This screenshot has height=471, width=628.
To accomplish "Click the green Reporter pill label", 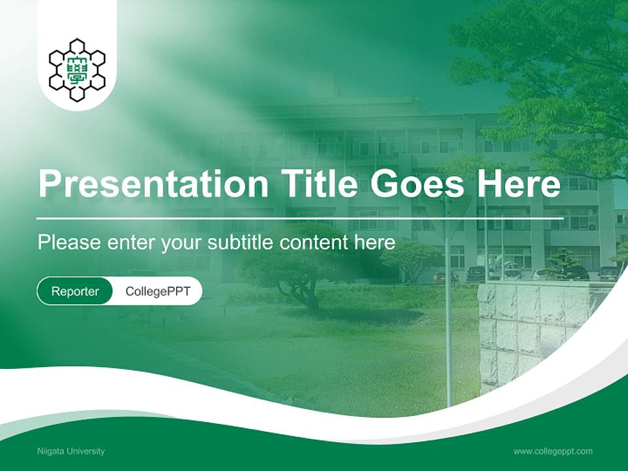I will click(x=75, y=291).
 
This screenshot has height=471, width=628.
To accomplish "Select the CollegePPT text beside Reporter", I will click(x=158, y=291).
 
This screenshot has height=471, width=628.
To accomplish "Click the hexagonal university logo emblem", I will click(x=77, y=69).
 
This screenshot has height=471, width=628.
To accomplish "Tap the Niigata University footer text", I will click(x=71, y=451).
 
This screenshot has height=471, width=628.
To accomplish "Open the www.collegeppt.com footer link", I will click(x=553, y=451).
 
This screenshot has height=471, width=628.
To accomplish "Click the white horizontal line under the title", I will click(x=301, y=218).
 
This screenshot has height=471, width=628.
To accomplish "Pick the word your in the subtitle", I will click(x=181, y=243).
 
